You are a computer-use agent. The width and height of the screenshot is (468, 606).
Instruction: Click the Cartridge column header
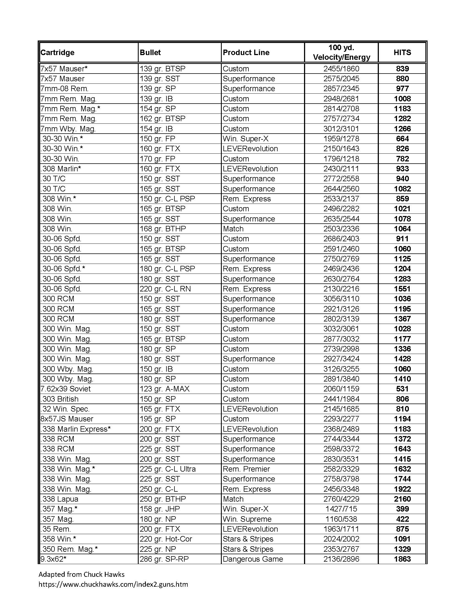(x=57, y=52)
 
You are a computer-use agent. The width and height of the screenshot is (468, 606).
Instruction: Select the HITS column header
(x=402, y=52)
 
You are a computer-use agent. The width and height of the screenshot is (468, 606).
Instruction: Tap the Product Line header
(x=246, y=52)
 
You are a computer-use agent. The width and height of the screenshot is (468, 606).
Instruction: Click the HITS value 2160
(x=402, y=499)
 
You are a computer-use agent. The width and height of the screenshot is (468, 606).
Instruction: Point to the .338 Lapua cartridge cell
(x=60, y=499)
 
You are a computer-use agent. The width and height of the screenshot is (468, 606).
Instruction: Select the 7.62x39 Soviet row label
(x=66, y=389)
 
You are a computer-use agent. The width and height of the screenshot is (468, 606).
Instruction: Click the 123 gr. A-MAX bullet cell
(x=165, y=389)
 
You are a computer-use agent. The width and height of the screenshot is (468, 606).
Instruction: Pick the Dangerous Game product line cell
(x=253, y=559)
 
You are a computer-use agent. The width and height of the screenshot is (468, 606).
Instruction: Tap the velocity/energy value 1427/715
(x=341, y=509)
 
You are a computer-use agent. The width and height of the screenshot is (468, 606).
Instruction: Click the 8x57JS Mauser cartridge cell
(x=67, y=419)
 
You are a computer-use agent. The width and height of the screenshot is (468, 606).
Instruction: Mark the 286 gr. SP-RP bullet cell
(x=164, y=559)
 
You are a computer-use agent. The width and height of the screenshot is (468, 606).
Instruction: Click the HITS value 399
(x=402, y=509)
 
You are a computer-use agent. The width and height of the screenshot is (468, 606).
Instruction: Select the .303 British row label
(x=60, y=399)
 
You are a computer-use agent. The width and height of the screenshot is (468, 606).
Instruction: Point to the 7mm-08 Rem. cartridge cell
(x=65, y=88)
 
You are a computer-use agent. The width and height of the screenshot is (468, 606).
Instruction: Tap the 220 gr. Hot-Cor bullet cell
(x=166, y=539)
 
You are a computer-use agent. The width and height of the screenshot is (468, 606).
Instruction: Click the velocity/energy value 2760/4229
(x=341, y=499)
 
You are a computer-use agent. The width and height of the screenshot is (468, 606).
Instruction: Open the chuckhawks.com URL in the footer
(x=113, y=584)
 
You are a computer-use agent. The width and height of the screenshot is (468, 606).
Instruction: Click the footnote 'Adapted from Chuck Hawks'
(x=81, y=574)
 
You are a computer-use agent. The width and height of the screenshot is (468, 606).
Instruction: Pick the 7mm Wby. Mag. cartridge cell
(x=68, y=129)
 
